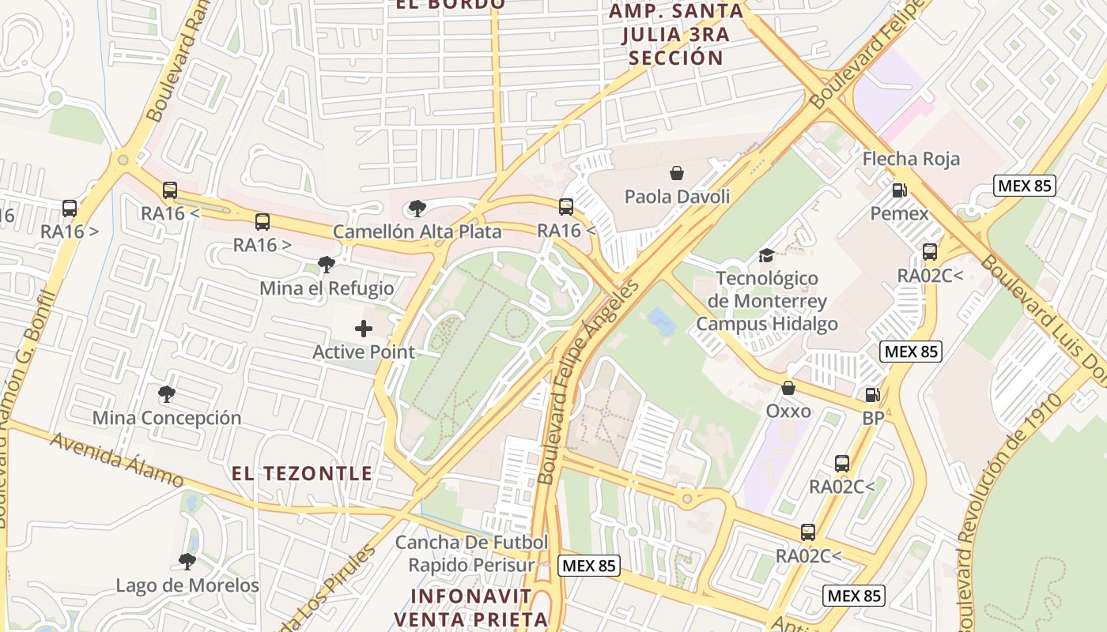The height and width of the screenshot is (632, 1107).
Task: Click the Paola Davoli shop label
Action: tap(677, 197)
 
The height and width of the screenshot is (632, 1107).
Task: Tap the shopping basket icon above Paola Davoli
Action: tap(677, 173)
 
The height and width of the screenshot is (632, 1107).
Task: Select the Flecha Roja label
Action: tap(911, 159)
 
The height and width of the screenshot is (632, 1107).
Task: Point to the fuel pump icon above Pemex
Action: tap(899, 190)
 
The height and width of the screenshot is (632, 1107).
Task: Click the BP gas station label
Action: tap(873, 418)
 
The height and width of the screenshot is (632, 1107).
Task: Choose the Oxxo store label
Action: tap(788, 411)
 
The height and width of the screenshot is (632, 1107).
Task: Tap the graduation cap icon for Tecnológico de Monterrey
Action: tap(766, 254)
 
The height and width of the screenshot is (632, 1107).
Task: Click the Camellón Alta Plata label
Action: tap(417, 231)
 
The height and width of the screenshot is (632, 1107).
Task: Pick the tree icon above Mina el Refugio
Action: tap(326, 265)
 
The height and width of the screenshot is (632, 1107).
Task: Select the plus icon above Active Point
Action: tap(364, 329)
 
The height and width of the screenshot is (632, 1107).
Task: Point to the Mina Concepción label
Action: tap(167, 418)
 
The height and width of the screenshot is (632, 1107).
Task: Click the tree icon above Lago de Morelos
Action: tap(187, 562)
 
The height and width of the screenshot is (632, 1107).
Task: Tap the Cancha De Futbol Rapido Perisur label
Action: tap(471, 554)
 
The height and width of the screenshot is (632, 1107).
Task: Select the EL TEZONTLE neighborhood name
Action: tap(301, 473)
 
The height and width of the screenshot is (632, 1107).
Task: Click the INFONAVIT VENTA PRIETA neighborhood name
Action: tap(471, 607)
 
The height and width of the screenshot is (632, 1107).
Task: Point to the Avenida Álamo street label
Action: tap(118, 460)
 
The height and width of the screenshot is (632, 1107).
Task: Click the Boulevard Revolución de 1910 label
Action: tap(998, 490)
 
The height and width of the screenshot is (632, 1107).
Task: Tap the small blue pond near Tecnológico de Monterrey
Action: tap(661, 322)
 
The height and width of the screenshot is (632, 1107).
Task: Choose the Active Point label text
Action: tap(364, 352)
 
